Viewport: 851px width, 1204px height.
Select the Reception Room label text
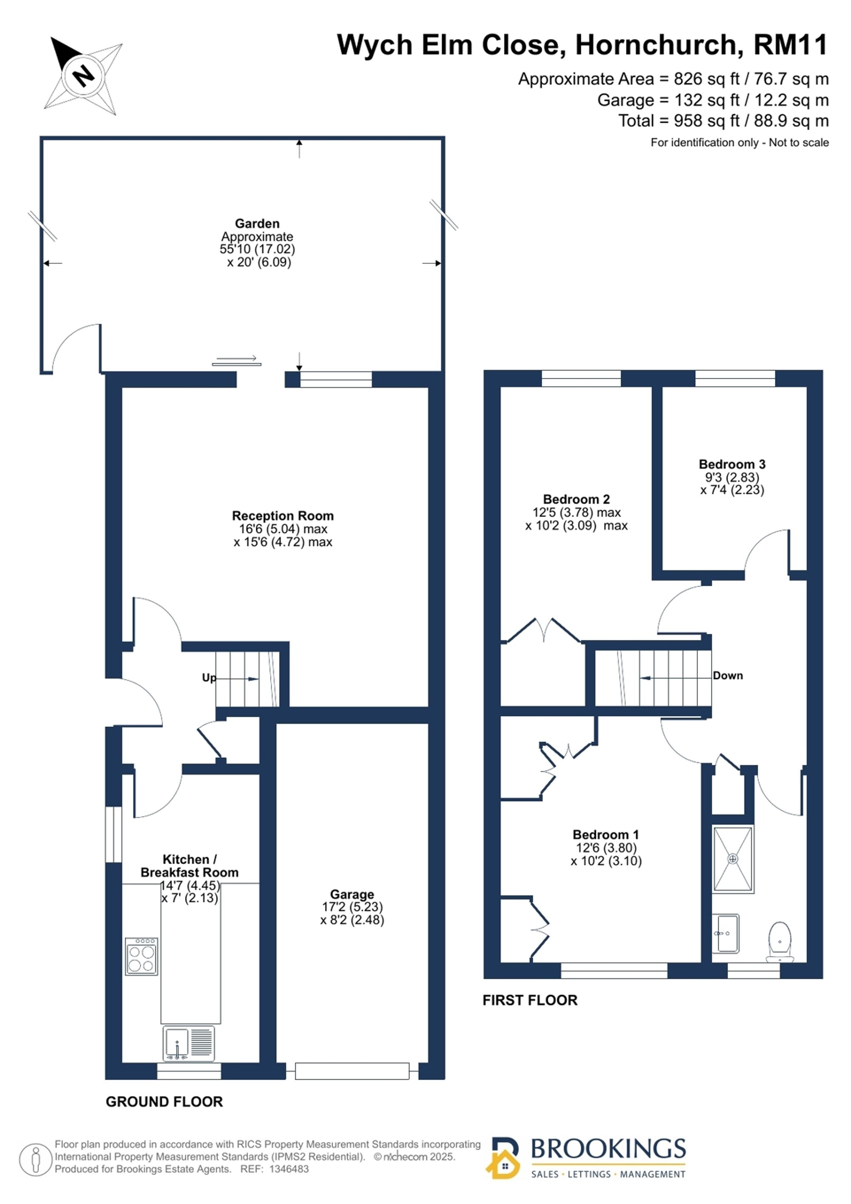click(x=283, y=516)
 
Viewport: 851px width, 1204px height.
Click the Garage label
click(x=352, y=894)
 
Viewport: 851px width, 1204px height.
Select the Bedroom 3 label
click(x=732, y=464)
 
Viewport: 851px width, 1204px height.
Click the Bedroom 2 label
click(x=577, y=499)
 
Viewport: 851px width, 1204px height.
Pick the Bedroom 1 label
click(x=606, y=834)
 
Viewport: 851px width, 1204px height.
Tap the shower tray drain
click(x=733, y=859)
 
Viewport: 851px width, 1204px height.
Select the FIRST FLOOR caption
click(x=530, y=1000)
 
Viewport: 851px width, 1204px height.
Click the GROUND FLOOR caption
click(x=165, y=1102)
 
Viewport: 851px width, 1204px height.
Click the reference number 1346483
click(x=289, y=1169)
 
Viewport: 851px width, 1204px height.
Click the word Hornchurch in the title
click(x=659, y=45)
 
